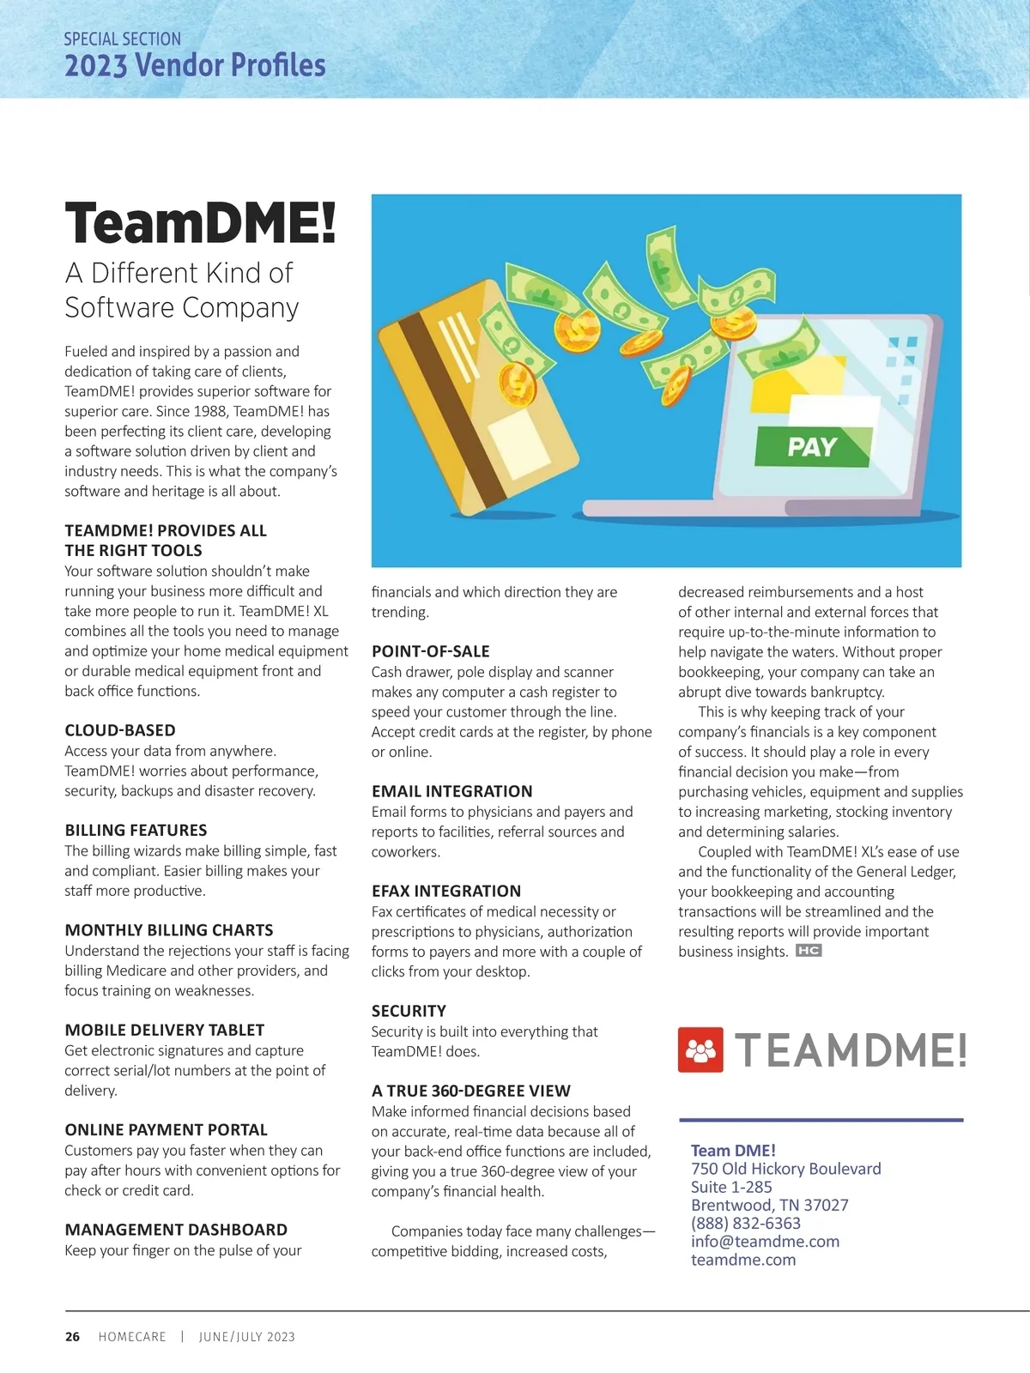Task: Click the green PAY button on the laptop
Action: click(x=812, y=446)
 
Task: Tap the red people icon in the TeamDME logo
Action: click(x=700, y=1049)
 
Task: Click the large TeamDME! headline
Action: click(x=200, y=223)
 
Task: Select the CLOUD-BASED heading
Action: click(x=120, y=730)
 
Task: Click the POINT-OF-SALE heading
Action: click(x=430, y=651)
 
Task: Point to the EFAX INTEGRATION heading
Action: click(x=446, y=891)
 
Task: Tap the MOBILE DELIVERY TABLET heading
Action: click(x=165, y=1030)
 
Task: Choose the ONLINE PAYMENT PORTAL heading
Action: click(x=167, y=1129)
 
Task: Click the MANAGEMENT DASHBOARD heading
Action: click(x=176, y=1230)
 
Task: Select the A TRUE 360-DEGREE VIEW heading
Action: click(x=470, y=1091)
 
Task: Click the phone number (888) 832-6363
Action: click(x=745, y=1223)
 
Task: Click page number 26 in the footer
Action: click(x=73, y=1337)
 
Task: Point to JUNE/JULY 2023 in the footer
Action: click(x=246, y=1337)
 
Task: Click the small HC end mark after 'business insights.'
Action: click(x=809, y=951)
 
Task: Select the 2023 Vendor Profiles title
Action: click(x=195, y=65)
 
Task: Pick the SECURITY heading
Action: click(x=409, y=1011)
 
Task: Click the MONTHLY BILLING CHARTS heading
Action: click(x=169, y=930)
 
